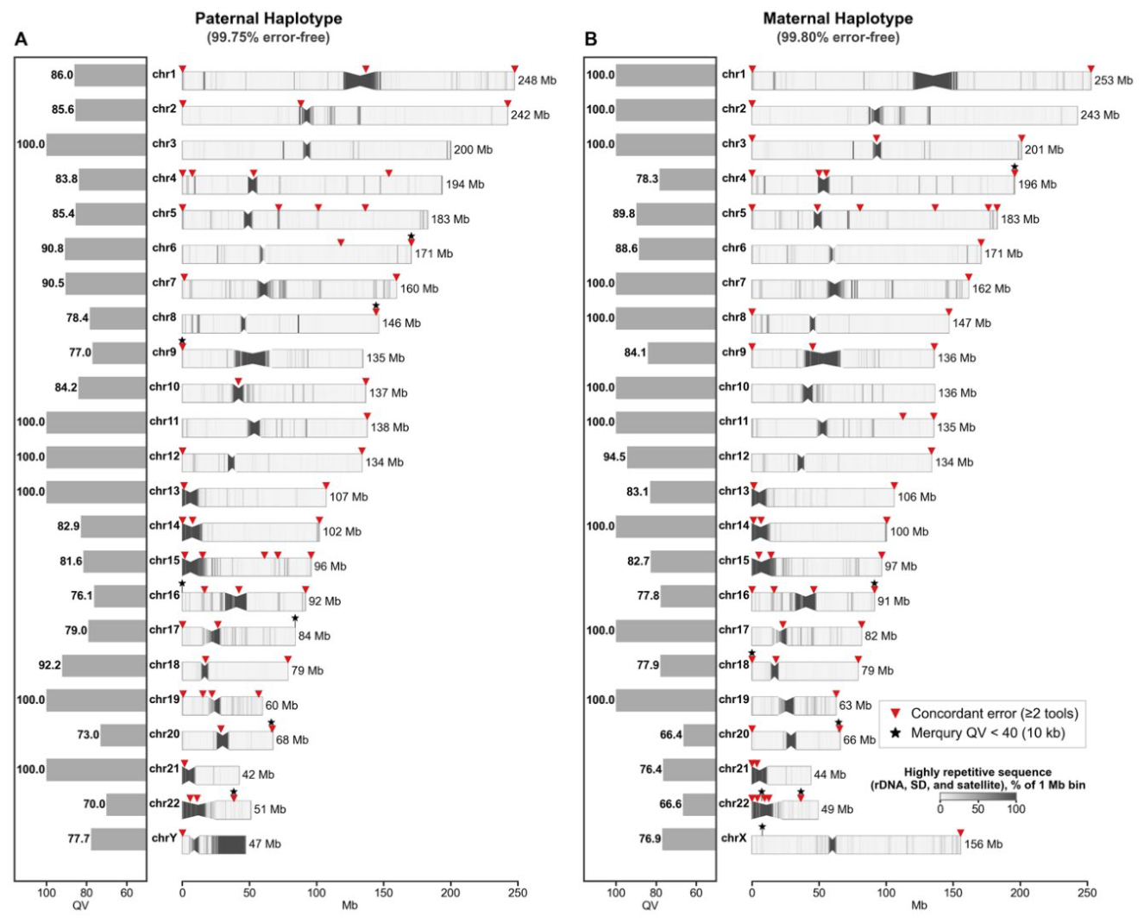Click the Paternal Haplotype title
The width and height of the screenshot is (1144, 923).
[x=268, y=19]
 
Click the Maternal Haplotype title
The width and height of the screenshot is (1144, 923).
[x=838, y=19]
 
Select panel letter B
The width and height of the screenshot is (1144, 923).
[x=590, y=40]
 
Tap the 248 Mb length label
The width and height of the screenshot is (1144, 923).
[x=537, y=80]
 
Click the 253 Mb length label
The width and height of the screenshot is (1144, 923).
[x=1113, y=80]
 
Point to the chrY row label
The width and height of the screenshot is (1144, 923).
[x=164, y=838]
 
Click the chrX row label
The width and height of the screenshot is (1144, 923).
[x=733, y=838]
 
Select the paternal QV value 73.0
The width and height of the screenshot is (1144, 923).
[x=88, y=735]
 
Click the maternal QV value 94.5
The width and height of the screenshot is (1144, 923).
[x=614, y=456]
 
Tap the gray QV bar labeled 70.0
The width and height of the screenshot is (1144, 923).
[x=126, y=805]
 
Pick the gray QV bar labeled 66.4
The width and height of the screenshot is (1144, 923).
[x=700, y=735]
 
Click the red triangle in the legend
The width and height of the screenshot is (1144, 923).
[x=896, y=713]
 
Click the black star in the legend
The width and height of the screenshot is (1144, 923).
[x=896, y=733]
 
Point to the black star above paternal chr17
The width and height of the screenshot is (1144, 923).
[x=295, y=618]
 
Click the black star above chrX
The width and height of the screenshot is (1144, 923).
[x=763, y=826]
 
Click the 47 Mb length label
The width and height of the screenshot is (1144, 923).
[x=265, y=844]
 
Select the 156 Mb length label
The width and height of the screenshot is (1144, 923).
[x=984, y=844]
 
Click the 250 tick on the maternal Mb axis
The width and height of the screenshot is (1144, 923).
[x=1087, y=893]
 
